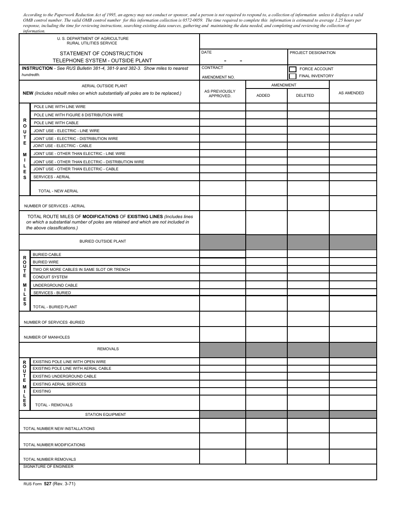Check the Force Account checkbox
click(293, 69)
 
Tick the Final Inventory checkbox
click(293, 76)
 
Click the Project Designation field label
click(312, 53)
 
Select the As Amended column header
click(351, 93)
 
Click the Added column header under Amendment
click(263, 96)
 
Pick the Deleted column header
click(305, 96)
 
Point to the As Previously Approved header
click(220, 93)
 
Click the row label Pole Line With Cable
click(56, 123)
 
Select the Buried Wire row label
click(46, 262)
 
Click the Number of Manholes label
click(47, 337)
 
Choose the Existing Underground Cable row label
click(64, 376)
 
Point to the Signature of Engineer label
click(48, 467)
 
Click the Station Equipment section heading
click(105, 415)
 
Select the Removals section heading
click(108, 349)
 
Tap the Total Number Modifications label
click(54, 445)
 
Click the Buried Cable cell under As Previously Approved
click(222, 254)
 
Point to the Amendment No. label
click(218, 77)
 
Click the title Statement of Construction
click(101, 54)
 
